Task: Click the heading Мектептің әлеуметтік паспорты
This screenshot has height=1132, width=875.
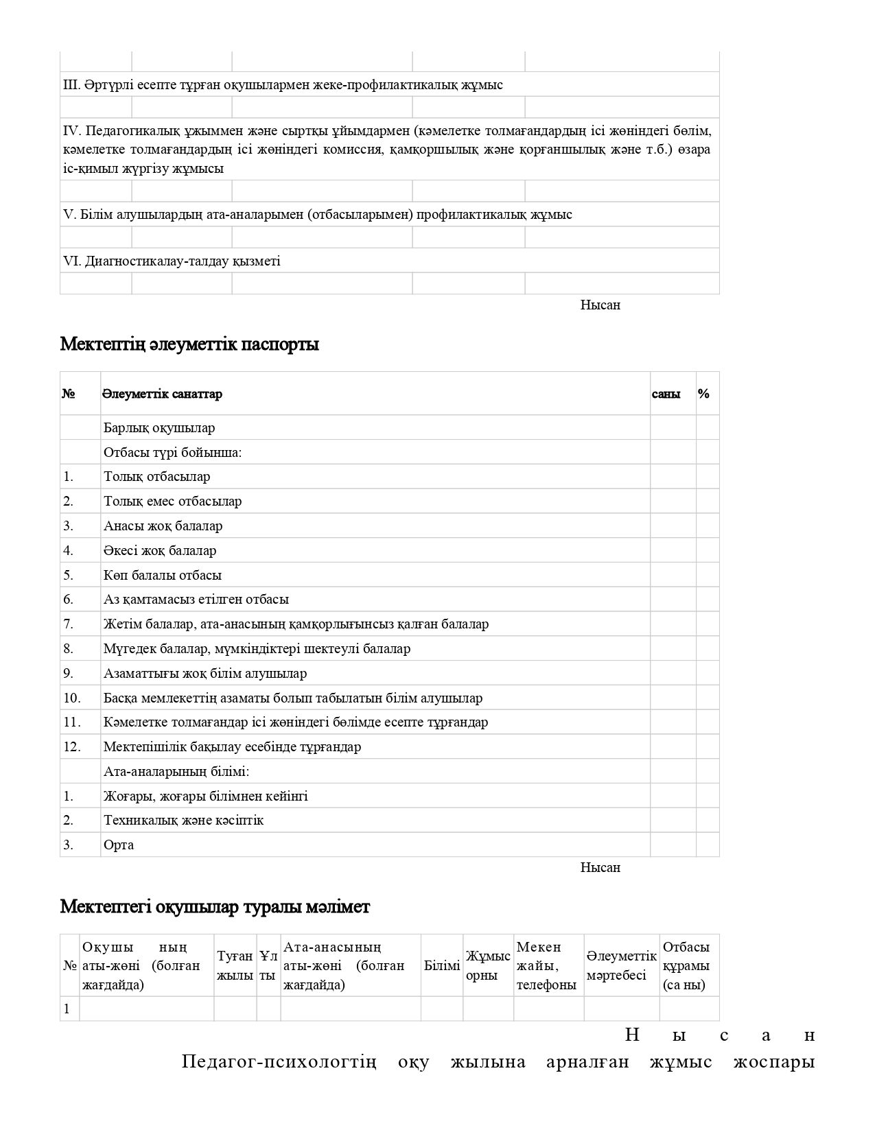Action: (189, 344)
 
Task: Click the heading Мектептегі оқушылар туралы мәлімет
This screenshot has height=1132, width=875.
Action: (215, 906)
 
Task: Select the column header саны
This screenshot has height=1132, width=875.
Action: (666, 394)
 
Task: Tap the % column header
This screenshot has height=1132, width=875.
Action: (703, 394)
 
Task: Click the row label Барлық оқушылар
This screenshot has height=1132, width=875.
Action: (159, 427)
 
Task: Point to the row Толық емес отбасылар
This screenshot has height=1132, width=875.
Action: (172, 502)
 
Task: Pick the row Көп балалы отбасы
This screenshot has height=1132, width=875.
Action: (163, 575)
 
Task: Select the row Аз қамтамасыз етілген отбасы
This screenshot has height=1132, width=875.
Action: (196, 600)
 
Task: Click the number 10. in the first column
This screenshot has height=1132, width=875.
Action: (72, 698)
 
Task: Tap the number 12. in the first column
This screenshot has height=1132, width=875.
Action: (72, 746)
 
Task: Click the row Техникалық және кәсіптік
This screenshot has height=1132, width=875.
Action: (183, 821)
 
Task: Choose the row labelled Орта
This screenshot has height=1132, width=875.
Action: (119, 845)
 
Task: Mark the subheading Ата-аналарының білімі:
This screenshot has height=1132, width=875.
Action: (176, 771)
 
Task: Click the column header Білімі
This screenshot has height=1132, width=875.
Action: (442, 965)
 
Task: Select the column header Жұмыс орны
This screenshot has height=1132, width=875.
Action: (488, 965)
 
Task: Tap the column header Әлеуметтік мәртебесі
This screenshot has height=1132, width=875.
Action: (621, 965)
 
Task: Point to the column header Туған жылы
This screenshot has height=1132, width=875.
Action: (235, 965)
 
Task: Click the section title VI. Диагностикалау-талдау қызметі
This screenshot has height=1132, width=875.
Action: (172, 261)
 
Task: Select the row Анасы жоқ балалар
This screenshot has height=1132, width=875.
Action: (163, 526)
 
